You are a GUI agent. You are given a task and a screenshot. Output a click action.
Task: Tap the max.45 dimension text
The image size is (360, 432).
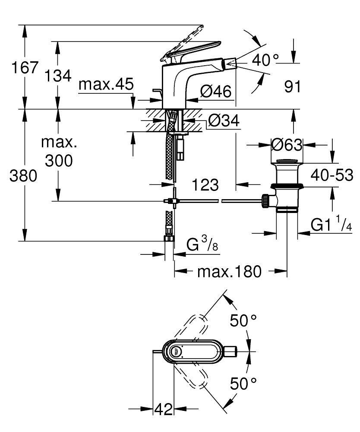click(106, 85)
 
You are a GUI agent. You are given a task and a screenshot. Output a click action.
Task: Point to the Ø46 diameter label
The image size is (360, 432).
click(216, 91)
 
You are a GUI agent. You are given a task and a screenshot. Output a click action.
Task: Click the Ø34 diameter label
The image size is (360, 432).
click(223, 121)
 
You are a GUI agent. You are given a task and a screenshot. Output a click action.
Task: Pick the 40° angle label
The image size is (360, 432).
click(265, 60)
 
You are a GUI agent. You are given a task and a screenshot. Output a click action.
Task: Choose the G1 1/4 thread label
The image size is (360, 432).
click(331, 225)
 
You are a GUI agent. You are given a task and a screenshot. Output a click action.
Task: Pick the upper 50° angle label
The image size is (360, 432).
click(243, 321)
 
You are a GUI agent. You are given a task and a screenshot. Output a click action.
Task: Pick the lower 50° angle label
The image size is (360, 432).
click(243, 383)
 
